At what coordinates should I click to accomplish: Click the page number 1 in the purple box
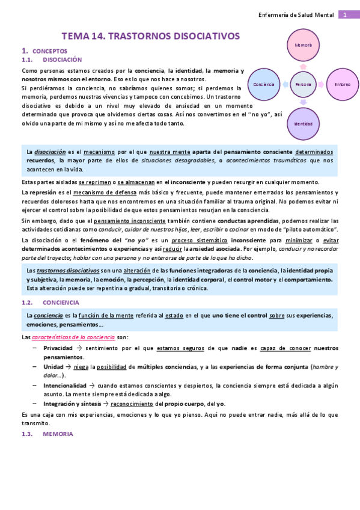pos(345,14)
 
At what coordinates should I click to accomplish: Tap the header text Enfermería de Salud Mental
pos(296,14)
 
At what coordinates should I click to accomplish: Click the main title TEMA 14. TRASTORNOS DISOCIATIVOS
pos(151,36)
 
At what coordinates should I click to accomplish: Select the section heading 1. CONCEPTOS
pos(44,51)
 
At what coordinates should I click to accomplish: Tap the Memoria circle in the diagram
pos(303,46)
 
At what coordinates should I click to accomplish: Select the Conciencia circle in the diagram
pos(264,85)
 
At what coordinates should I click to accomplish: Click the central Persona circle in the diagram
pos(303,85)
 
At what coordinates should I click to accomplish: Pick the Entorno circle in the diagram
pos(342,85)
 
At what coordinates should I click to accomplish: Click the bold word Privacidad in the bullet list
pos(58,348)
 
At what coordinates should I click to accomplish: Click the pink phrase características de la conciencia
pos(66,337)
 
